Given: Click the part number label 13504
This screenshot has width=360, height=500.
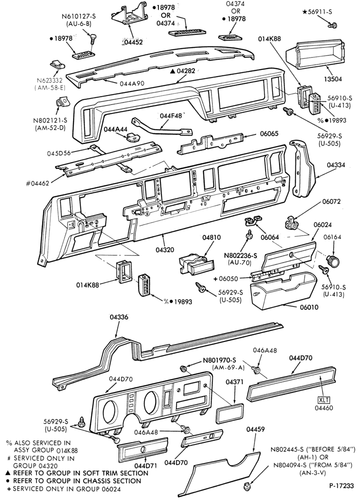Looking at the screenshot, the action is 323,79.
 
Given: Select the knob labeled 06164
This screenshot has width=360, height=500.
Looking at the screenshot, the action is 332,262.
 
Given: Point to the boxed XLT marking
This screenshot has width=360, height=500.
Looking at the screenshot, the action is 324,400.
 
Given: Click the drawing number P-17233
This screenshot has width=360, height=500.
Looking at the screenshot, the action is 341,486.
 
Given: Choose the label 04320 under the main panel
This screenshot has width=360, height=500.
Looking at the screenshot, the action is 165,249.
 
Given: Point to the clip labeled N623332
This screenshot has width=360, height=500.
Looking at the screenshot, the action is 57,65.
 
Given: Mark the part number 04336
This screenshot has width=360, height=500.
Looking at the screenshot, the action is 119,317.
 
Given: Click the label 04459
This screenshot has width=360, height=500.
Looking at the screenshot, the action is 255,429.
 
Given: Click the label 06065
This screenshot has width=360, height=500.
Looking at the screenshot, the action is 269,133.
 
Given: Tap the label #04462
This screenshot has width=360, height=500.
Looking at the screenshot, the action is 37,183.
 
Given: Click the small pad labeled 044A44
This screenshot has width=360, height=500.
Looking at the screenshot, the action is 132,137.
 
